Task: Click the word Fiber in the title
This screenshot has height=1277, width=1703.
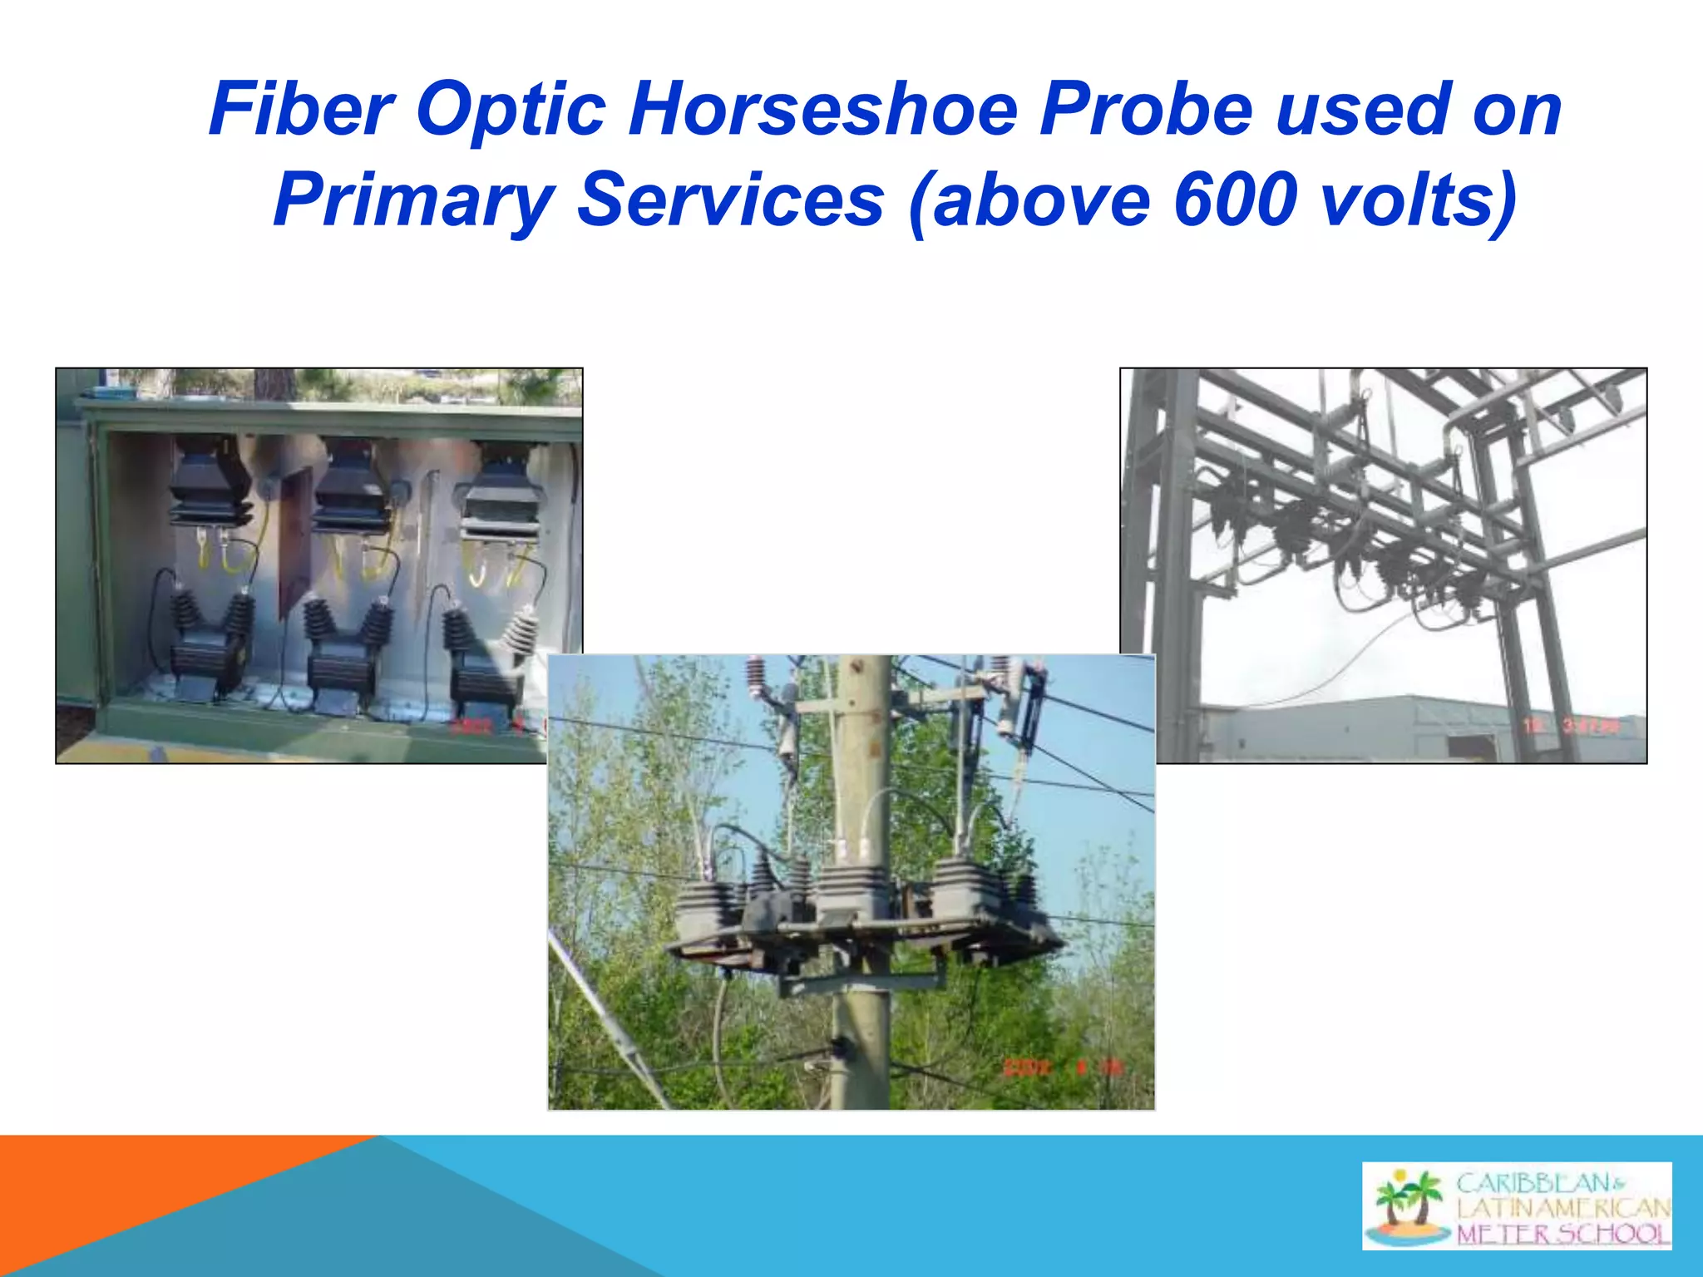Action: pos(301,110)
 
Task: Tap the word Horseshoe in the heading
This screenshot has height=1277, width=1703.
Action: pos(822,110)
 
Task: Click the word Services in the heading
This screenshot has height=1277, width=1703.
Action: pos(730,200)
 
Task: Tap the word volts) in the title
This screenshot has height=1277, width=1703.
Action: pos(1417,200)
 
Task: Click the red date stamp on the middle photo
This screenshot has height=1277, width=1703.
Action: pos(1063,1067)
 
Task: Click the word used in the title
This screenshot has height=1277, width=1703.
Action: pos(1364,110)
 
